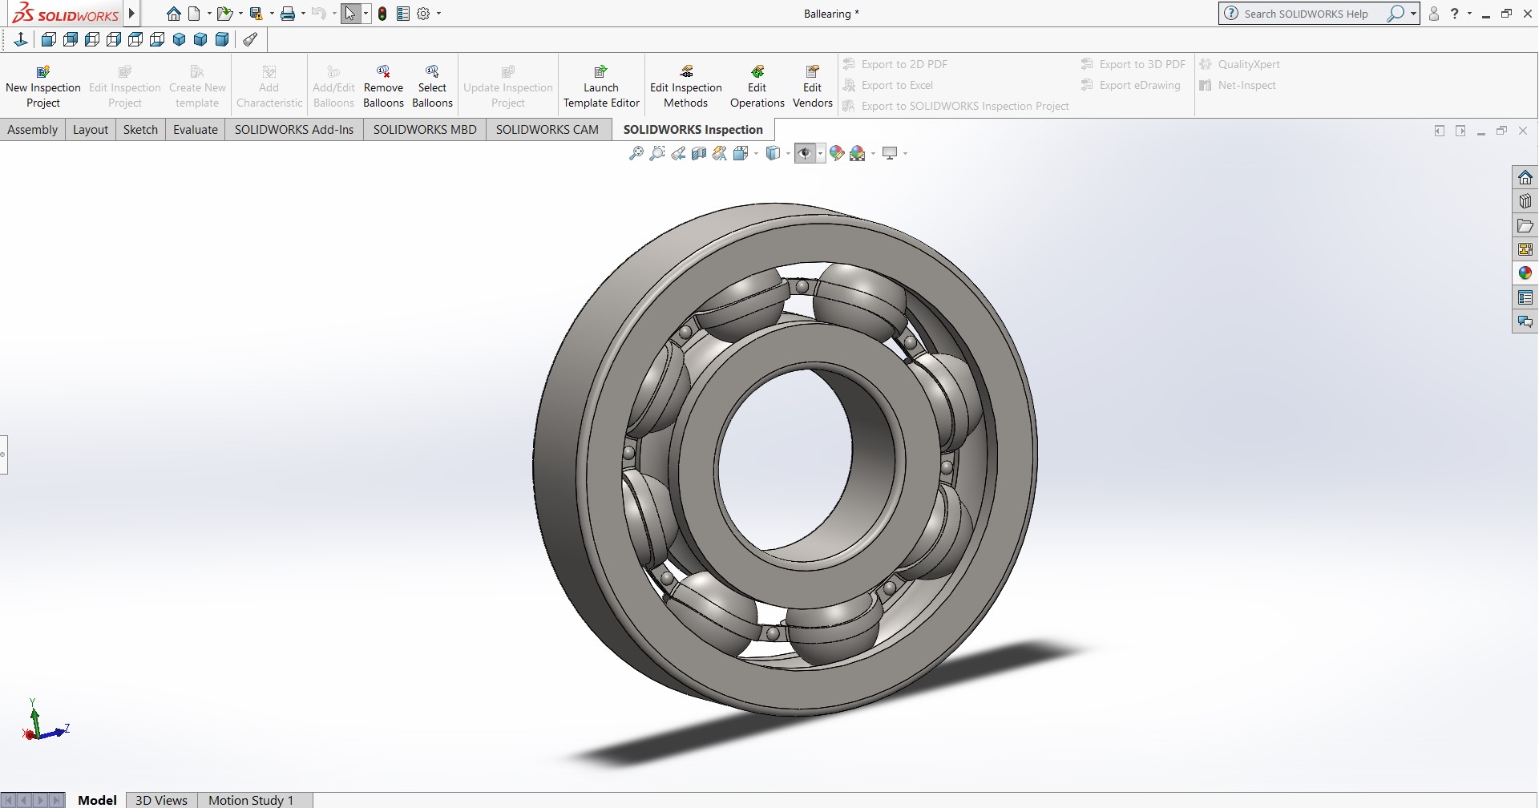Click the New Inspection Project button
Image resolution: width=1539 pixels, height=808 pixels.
coord(43,86)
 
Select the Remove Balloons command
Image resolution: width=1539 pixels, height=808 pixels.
coord(383,86)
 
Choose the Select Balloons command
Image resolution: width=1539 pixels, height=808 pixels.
coord(432,86)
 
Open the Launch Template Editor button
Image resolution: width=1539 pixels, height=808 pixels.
coord(601,86)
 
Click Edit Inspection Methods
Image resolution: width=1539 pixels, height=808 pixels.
coord(686,86)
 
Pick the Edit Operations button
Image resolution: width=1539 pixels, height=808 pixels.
coord(757,86)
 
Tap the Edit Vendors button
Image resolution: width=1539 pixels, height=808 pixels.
coord(812,86)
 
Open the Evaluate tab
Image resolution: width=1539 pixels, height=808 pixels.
coord(196,129)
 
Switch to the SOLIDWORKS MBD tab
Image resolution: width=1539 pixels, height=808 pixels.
coord(425,129)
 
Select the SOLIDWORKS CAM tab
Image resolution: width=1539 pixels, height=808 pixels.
coord(547,129)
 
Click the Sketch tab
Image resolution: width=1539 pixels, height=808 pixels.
coord(140,129)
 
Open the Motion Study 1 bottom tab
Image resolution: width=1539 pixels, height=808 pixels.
coord(251,800)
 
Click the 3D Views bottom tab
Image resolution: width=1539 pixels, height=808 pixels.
coord(161,800)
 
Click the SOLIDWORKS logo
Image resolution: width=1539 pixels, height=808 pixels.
coord(66,14)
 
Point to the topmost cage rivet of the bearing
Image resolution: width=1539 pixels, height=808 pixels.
coord(802,286)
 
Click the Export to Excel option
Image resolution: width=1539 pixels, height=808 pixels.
coord(896,85)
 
